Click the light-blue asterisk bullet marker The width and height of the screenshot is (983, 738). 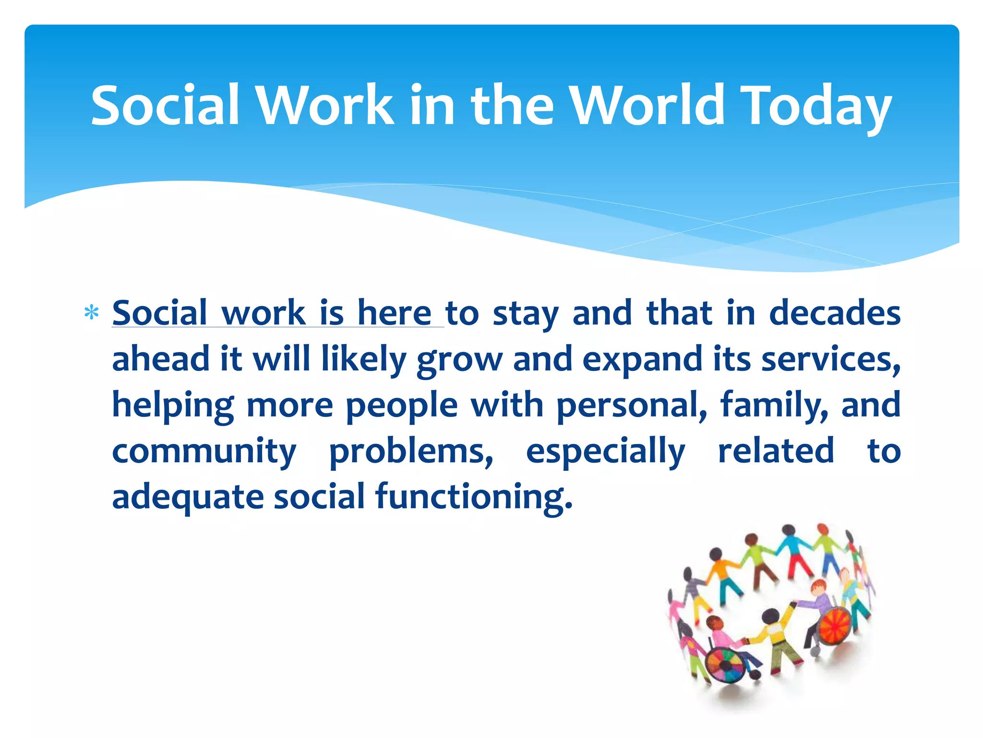[x=91, y=313]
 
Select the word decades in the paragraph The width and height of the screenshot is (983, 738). [x=835, y=313]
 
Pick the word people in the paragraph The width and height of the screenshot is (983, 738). [x=402, y=405]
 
